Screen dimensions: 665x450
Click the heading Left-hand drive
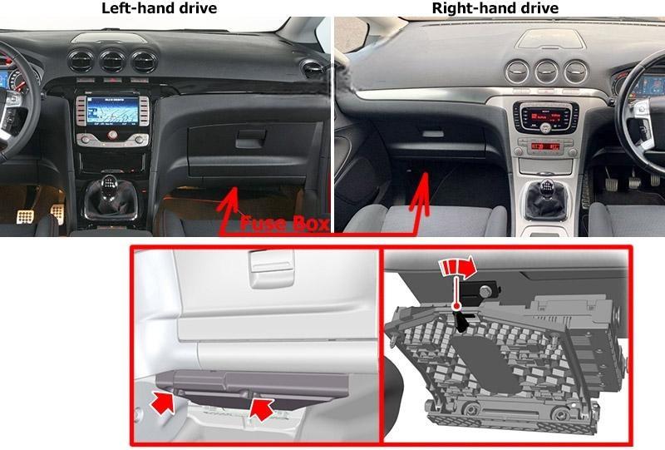click(159, 7)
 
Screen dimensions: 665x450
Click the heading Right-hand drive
click(495, 7)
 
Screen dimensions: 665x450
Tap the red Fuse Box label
click(284, 224)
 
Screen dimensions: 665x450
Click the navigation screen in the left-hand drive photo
click(112, 111)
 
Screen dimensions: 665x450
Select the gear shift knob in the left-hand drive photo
click(110, 185)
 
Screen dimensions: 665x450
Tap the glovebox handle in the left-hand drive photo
click(251, 138)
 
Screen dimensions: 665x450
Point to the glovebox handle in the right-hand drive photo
click(432, 133)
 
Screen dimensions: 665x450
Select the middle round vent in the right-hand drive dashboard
click(547, 72)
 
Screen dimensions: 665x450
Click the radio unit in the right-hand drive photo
click(544, 116)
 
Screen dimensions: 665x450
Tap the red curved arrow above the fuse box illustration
click(458, 269)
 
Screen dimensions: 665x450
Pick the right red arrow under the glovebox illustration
click(262, 408)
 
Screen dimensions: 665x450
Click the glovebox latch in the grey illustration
click(272, 268)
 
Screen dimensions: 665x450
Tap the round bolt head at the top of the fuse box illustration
click(485, 291)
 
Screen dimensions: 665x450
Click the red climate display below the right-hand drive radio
click(545, 147)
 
